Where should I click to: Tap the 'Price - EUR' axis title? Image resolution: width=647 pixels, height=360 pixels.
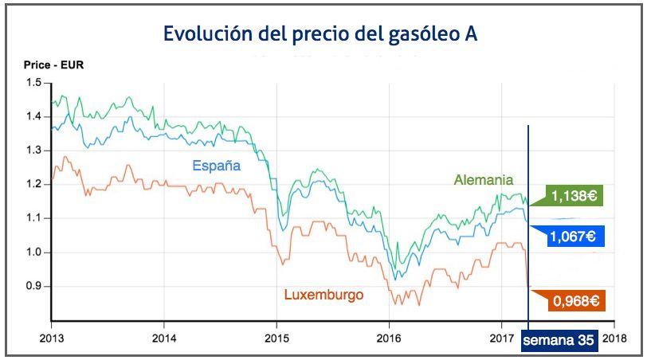click(x=48, y=65)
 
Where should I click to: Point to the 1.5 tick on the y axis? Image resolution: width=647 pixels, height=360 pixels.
click(x=34, y=83)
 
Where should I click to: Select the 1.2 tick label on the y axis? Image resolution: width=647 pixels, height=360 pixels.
click(x=34, y=184)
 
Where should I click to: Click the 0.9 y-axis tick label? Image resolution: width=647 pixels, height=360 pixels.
click(x=34, y=286)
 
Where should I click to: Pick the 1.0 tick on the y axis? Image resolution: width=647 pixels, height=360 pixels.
click(x=34, y=252)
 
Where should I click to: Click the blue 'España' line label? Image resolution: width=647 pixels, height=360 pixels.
click(x=216, y=167)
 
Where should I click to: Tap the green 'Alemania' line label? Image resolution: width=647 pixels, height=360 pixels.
click(x=484, y=180)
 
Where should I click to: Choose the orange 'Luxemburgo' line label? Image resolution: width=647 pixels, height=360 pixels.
click(x=323, y=295)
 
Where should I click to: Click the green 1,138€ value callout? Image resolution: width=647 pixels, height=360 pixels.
click(x=572, y=196)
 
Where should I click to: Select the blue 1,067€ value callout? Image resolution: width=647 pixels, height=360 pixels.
click(x=574, y=237)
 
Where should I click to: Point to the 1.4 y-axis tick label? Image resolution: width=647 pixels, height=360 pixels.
click(x=34, y=116)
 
